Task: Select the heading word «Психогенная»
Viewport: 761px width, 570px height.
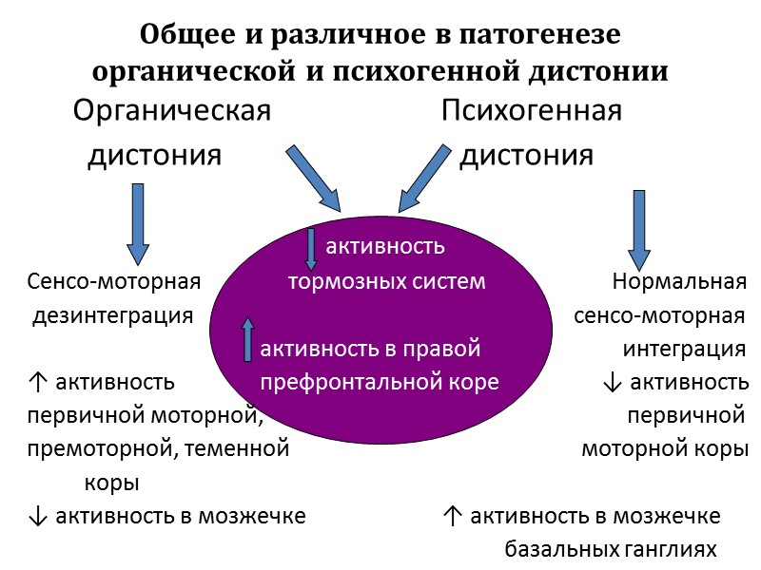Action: pos(532,111)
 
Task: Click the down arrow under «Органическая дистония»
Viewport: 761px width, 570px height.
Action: pos(138,223)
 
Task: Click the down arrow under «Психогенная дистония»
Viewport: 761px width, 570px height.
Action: pos(638,229)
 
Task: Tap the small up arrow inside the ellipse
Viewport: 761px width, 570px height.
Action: pos(249,338)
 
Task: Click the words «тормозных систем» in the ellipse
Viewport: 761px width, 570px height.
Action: pos(387,282)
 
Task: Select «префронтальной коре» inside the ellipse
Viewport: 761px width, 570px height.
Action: pos(380,383)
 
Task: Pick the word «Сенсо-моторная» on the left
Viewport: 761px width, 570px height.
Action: pos(113,282)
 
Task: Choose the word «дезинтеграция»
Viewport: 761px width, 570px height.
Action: pos(113,315)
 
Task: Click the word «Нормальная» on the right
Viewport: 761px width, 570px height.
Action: pos(679,282)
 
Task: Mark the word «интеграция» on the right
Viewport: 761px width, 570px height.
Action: pos(684,350)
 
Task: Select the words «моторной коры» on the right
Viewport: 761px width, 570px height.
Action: pos(663,449)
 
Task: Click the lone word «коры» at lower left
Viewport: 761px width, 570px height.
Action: pos(112,483)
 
